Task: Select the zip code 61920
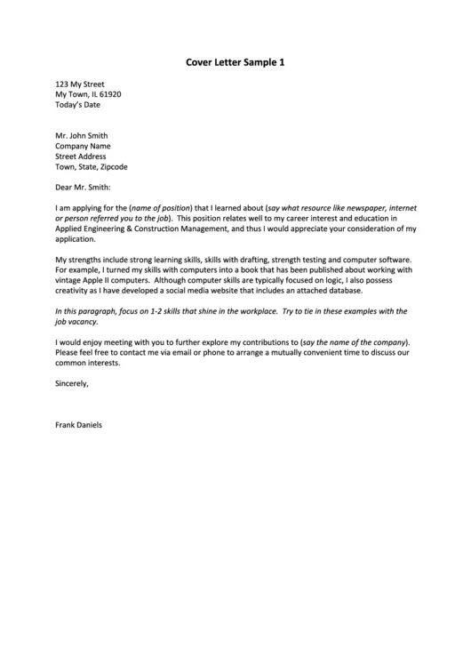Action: (111, 93)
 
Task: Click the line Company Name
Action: (83, 146)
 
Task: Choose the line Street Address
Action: (81, 156)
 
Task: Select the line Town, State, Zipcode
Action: (92, 166)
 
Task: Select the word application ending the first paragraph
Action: (75, 239)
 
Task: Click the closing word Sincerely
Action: (72, 384)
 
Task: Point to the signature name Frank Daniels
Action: (78, 425)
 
